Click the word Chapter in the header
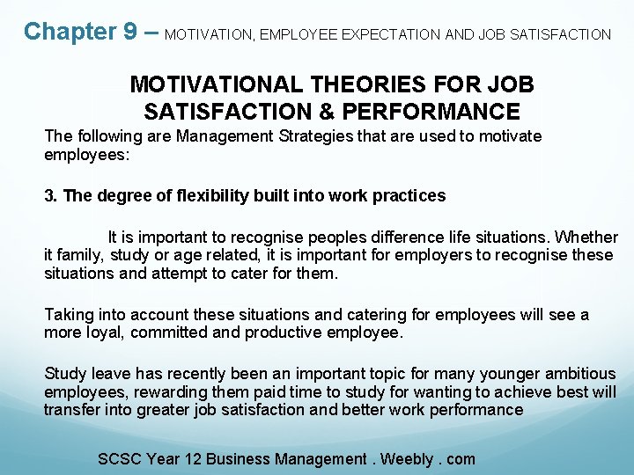pyautogui.click(x=69, y=32)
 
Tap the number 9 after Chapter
pyautogui.click(x=130, y=32)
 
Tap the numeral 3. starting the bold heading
pyautogui.click(x=51, y=195)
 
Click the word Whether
pyautogui.click(x=587, y=237)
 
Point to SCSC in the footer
pyautogui.click(x=120, y=458)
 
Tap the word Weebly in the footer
pyautogui.click(x=406, y=458)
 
